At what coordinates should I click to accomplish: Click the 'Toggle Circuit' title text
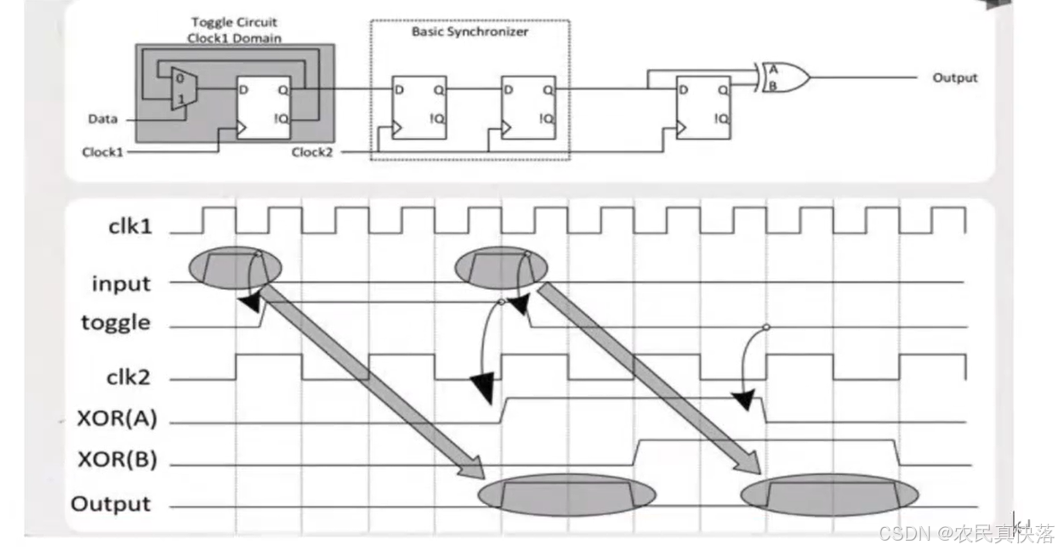(x=234, y=22)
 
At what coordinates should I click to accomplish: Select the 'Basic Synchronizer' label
(x=469, y=31)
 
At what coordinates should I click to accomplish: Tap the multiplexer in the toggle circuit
(x=184, y=88)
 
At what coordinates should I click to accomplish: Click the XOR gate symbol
(x=784, y=77)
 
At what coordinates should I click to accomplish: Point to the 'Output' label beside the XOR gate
(x=954, y=78)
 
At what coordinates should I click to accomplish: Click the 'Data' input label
(x=103, y=119)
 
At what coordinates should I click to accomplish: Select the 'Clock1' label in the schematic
(x=103, y=152)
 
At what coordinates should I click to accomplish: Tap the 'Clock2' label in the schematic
(x=312, y=152)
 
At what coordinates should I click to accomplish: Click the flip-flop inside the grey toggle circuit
(x=264, y=108)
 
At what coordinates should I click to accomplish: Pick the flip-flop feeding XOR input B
(x=703, y=108)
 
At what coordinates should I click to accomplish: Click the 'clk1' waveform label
(x=130, y=227)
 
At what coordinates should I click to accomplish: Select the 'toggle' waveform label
(x=116, y=323)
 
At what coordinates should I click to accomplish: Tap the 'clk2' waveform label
(x=128, y=377)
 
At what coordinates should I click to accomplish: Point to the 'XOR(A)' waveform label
(x=117, y=418)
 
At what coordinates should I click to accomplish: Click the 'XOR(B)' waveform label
(x=117, y=459)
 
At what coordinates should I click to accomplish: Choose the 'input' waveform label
(x=122, y=284)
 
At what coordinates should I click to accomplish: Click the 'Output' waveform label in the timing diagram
(x=111, y=504)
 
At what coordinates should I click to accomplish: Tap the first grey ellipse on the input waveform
(x=236, y=268)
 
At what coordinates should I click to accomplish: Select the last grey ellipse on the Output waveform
(x=829, y=496)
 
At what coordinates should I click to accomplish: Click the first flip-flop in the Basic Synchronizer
(x=419, y=108)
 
